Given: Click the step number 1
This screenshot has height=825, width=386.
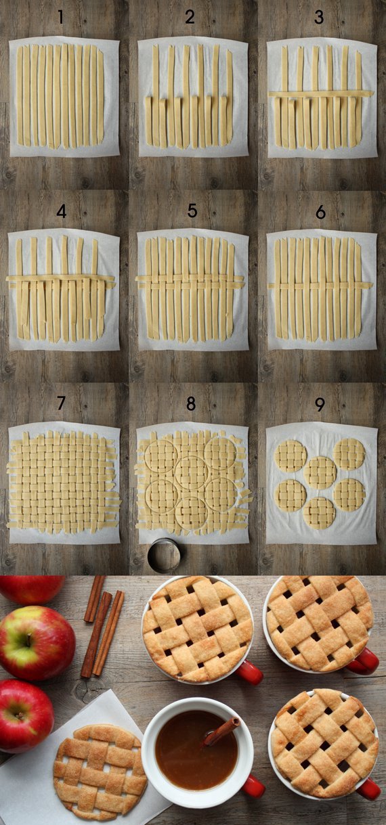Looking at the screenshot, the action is click(61, 18).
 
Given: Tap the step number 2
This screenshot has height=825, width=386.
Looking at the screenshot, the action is click(190, 18).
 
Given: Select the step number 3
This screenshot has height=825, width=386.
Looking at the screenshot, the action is click(318, 18).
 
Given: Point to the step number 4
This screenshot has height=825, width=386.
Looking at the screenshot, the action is click(61, 211).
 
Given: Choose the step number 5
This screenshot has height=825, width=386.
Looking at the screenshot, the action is click(192, 210).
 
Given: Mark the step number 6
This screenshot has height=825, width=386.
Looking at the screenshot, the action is click(320, 212).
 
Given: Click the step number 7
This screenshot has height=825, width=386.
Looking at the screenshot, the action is click(61, 403).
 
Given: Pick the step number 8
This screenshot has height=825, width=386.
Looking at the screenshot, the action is click(190, 404).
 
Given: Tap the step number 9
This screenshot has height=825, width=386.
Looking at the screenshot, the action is click(320, 405).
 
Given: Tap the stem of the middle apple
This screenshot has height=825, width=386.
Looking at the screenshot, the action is click(28, 629).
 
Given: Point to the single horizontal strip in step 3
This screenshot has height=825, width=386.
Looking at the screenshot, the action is click(321, 94).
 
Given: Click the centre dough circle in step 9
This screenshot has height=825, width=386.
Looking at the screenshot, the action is click(320, 472).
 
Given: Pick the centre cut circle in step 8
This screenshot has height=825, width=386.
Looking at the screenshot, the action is click(192, 472).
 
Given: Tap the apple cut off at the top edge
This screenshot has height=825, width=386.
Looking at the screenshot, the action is click(31, 589).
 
